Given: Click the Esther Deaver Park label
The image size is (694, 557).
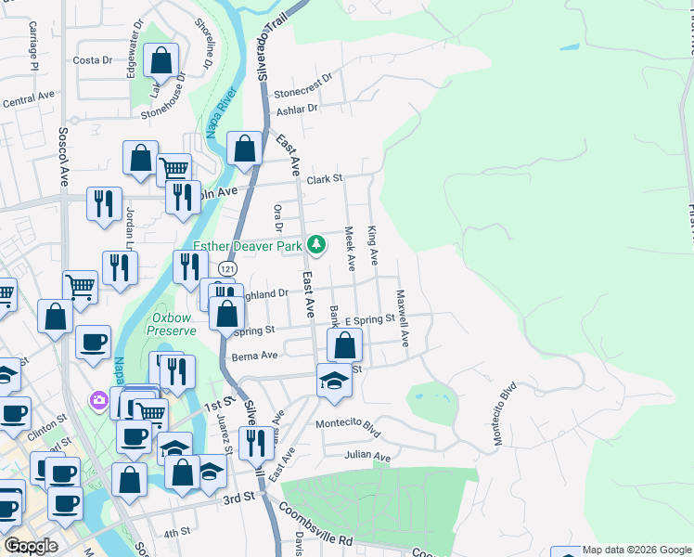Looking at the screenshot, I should (249, 246).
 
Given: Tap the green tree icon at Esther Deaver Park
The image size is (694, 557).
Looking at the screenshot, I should (318, 244).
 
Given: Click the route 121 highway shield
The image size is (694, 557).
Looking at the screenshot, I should (228, 267).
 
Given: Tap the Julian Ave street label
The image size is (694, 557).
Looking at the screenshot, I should (366, 456).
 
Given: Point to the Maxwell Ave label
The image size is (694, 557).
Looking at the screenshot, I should (403, 318).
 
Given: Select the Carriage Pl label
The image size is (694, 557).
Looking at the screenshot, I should (32, 42).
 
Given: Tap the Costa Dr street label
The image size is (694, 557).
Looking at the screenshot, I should (92, 60).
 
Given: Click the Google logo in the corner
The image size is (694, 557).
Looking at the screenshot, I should (30, 546).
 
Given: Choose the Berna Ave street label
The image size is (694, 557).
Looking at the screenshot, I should (255, 356).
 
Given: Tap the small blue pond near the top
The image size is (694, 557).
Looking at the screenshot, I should (569, 46).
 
